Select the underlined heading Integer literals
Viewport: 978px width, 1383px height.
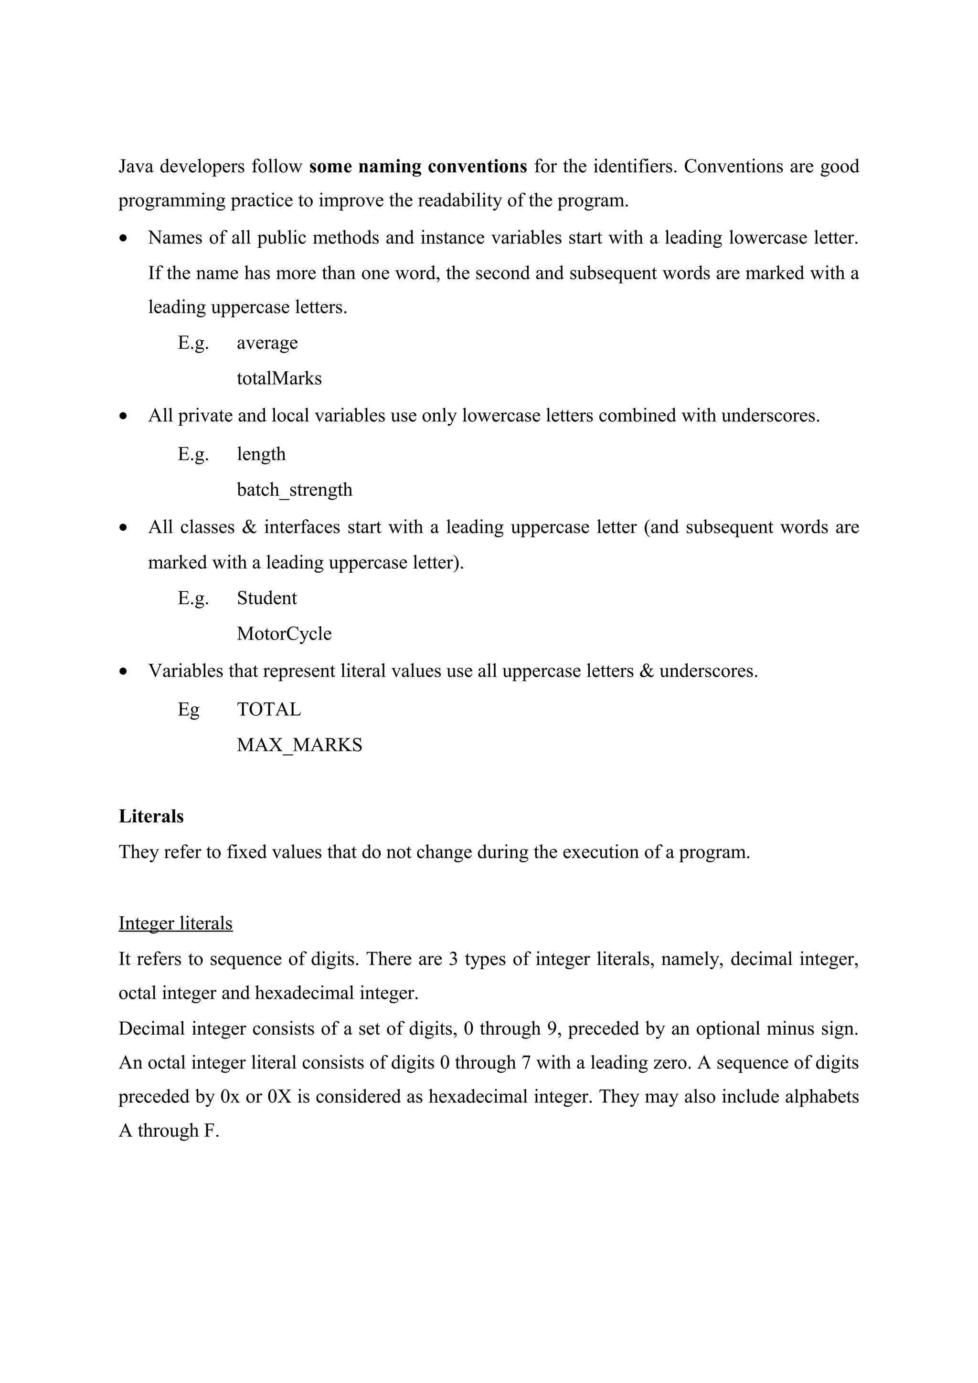click(175, 923)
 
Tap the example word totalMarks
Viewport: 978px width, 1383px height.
click(279, 378)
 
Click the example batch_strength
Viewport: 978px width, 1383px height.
click(294, 490)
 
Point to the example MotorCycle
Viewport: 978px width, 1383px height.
click(284, 634)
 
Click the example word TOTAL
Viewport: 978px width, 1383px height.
click(269, 710)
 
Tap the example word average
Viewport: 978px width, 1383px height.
click(267, 343)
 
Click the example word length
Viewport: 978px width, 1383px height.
click(261, 454)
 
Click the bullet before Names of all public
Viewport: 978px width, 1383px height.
click(124, 239)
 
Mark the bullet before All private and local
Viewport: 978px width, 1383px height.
click(124, 416)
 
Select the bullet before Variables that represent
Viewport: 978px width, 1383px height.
click(124, 671)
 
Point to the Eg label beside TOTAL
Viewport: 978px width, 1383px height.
click(189, 710)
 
